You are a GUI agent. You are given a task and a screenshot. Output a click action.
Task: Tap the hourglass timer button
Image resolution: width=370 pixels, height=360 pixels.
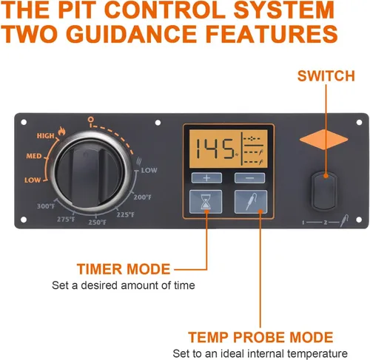[x=206, y=202]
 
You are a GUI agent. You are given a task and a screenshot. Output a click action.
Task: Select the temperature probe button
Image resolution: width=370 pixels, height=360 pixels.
[x=251, y=202]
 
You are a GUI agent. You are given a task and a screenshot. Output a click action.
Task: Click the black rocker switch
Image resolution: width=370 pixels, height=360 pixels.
[x=324, y=191]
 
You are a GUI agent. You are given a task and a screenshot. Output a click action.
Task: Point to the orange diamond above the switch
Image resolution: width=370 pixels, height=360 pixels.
[x=323, y=140]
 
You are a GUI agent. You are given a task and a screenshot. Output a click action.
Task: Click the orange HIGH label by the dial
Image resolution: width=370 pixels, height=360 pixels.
[x=45, y=136]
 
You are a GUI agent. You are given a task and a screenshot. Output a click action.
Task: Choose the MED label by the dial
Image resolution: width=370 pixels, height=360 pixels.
[x=34, y=156]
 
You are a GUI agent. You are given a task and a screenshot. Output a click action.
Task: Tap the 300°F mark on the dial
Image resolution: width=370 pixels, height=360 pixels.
[x=46, y=206]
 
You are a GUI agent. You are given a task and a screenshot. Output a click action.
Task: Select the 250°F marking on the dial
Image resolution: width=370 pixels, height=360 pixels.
[x=98, y=223]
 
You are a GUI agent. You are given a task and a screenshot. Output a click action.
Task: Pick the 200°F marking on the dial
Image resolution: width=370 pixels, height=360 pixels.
[x=143, y=197]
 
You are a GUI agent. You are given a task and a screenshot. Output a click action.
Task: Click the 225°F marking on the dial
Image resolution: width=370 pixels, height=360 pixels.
[x=126, y=214]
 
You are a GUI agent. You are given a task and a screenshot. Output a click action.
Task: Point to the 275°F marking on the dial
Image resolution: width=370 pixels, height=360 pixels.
[x=66, y=219]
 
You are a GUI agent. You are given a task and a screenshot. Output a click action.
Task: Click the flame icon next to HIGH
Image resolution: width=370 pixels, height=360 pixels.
[x=61, y=131]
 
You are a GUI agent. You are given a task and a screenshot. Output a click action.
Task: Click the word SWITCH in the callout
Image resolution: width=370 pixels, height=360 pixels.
[x=326, y=76]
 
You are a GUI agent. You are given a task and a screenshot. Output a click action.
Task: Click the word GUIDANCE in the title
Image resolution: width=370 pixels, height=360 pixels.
[x=132, y=34]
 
